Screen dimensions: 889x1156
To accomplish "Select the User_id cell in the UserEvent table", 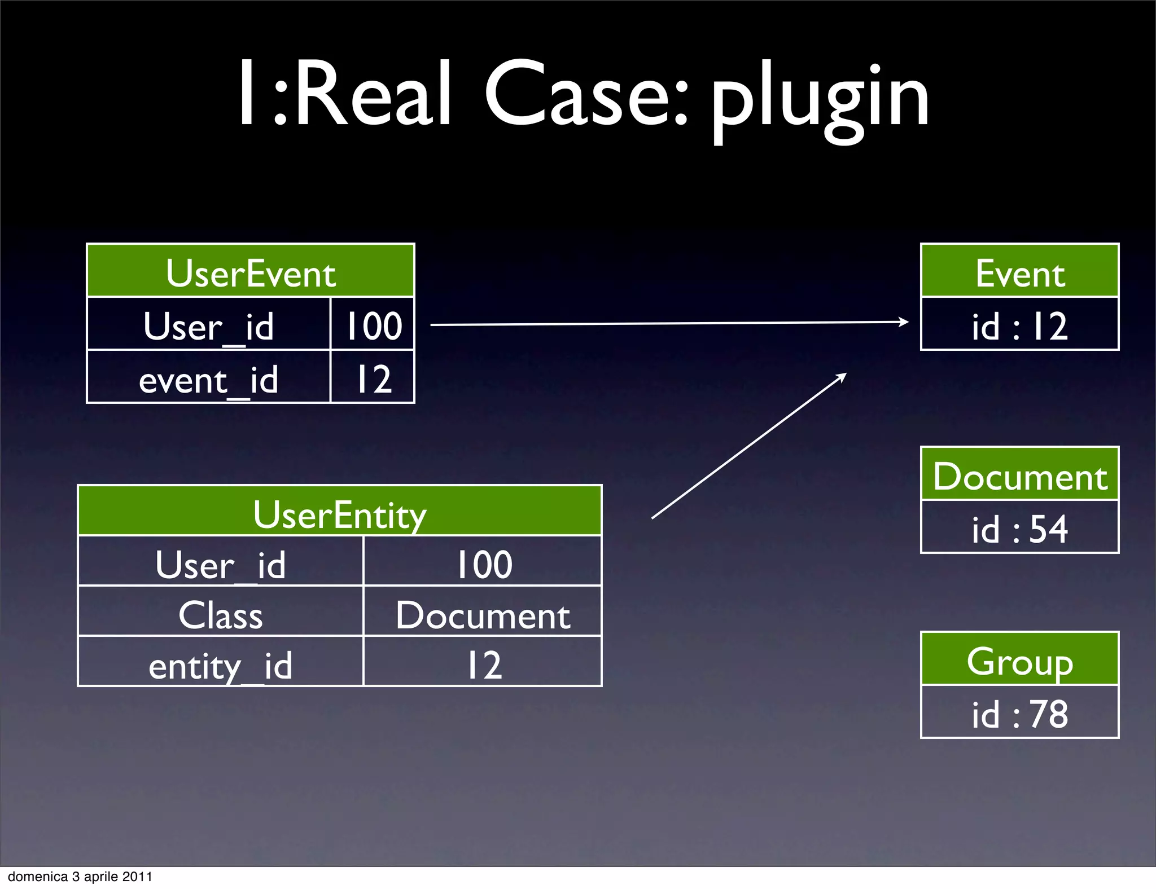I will [x=209, y=325].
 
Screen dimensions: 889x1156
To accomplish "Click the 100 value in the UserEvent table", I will [x=373, y=325].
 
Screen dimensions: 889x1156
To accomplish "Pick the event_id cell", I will [x=209, y=378].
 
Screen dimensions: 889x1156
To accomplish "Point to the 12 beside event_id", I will [x=373, y=378].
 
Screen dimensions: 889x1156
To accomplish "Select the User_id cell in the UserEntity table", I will [x=221, y=562].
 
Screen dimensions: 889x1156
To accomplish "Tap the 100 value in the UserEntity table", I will [x=483, y=562].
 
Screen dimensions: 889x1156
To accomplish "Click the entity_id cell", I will [x=221, y=663].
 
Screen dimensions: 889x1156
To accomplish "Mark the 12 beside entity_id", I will [x=483, y=663].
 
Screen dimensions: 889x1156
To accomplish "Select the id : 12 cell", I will [x=1019, y=325].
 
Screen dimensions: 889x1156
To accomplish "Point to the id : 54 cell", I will [x=1019, y=528].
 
